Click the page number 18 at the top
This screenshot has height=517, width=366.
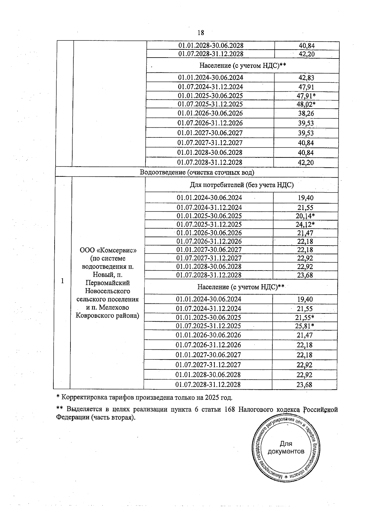(x=201, y=33)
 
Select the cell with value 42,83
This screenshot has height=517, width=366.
(x=306, y=78)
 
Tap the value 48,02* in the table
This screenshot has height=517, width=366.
(x=306, y=104)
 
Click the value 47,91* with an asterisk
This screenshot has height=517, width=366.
(x=306, y=96)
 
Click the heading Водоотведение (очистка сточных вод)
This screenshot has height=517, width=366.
(x=197, y=172)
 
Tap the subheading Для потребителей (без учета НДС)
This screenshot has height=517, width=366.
(x=242, y=185)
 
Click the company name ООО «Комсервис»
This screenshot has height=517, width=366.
(x=108, y=250)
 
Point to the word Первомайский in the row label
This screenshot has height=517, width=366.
(x=108, y=283)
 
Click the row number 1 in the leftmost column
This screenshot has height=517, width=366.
(x=63, y=281)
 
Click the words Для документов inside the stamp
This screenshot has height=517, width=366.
(x=286, y=448)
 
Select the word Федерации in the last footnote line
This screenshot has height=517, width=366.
(x=72, y=417)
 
